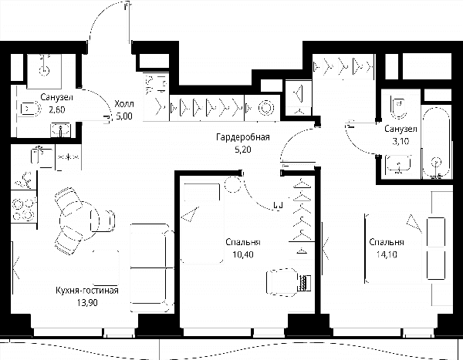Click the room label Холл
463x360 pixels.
124,103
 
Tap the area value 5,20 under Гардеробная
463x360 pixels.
243,150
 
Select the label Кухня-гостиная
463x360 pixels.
87,291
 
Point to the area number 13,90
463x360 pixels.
87,302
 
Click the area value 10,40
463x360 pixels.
243,254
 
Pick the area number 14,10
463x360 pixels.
387,254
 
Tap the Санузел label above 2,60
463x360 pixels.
56,97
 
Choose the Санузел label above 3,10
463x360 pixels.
400,129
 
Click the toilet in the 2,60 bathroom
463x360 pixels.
30,109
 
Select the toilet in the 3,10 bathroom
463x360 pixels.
398,106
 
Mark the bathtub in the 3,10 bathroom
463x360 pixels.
436,143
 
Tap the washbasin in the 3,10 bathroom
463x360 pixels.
398,164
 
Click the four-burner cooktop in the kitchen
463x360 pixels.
24,210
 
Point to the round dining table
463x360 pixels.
79,220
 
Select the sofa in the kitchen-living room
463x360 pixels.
152,267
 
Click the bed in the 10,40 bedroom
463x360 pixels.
202,222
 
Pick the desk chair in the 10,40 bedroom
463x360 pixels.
282,282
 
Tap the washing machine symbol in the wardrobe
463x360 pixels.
266,108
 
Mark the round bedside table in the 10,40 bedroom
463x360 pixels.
233,184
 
